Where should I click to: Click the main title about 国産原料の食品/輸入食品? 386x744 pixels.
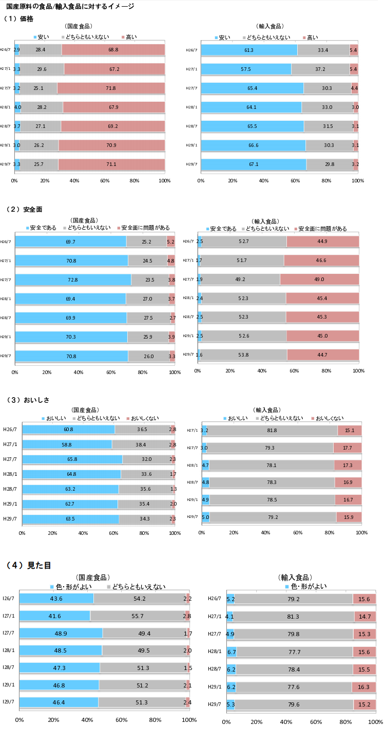(70, 6)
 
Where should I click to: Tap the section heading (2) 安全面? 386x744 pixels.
(23, 210)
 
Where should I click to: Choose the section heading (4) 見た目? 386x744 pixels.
(28, 565)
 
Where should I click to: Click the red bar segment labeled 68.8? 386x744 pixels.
(113, 50)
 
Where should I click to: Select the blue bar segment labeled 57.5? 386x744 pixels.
(246, 69)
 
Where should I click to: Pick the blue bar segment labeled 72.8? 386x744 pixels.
(73, 280)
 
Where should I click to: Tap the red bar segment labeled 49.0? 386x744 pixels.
(319, 280)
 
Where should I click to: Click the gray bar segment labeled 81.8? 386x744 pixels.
(272, 431)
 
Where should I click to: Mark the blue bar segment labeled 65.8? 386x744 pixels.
(72, 459)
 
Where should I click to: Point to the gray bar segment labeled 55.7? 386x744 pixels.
(137, 616)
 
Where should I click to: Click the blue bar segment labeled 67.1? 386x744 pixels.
(254, 164)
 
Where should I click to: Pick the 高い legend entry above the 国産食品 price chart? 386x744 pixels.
(129, 37)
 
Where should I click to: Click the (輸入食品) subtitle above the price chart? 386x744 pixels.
(269, 26)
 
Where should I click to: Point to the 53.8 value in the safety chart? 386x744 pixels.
(244, 355)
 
